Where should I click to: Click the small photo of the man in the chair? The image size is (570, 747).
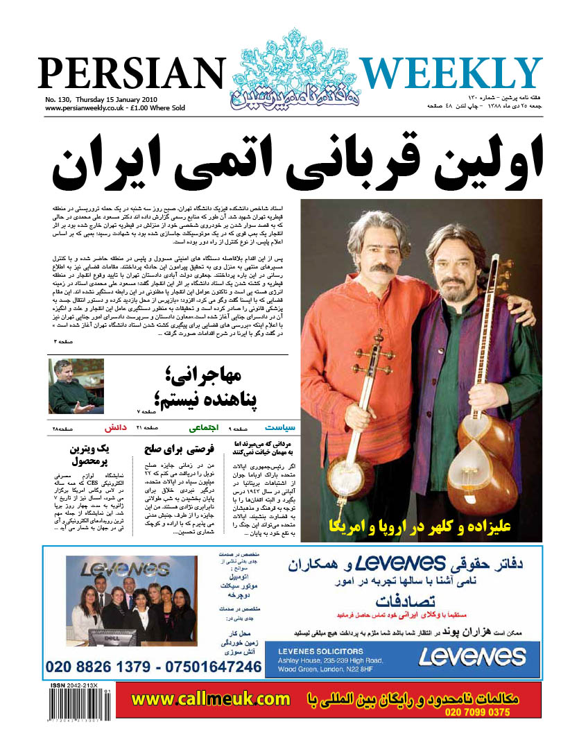76,386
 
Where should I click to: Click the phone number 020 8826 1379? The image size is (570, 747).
97,667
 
